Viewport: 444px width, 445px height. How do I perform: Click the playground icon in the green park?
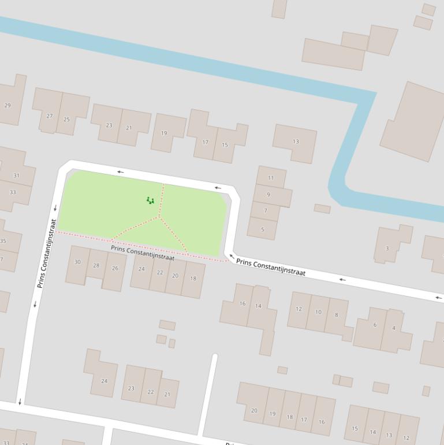point(150,201)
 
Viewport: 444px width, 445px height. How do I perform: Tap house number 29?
point(8,105)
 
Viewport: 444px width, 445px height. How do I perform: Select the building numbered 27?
point(50,116)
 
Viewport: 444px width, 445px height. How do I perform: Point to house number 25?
point(66,119)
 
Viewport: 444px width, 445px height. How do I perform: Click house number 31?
point(16,175)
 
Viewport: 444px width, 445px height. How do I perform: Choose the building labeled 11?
point(271,177)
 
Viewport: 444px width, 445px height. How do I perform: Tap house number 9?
point(268,195)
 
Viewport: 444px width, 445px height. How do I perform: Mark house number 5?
point(263,229)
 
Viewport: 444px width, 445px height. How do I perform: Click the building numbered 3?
point(387,248)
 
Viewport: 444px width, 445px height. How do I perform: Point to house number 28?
point(96,266)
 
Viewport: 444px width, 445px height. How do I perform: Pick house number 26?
point(115,268)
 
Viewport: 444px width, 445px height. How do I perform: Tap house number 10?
point(318,311)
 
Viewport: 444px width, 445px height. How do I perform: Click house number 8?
point(336,315)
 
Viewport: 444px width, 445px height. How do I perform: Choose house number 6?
point(375,325)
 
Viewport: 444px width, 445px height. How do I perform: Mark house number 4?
point(394,328)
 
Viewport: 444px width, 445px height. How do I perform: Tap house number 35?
point(3,241)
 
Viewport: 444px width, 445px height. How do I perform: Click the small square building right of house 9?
point(322,209)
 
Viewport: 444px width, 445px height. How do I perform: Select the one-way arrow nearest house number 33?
point(55,207)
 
